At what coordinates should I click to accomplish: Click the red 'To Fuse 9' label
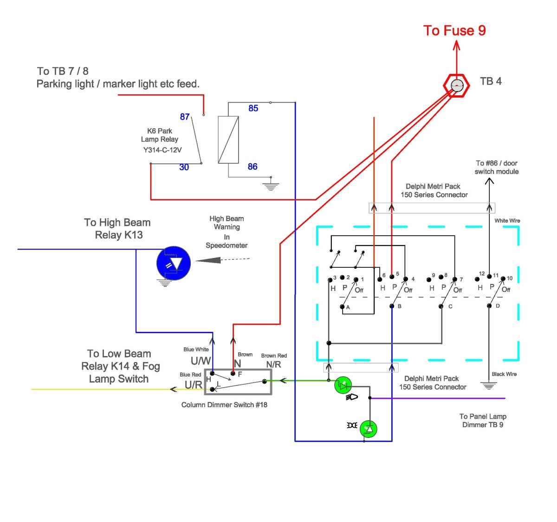pos(454,31)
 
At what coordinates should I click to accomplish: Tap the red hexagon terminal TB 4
pos(457,86)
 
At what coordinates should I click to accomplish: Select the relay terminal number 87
pos(185,117)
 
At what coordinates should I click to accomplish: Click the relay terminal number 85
pos(253,108)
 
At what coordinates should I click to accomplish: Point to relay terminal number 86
pos(253,166)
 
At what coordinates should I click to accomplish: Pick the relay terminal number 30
pos(184,167)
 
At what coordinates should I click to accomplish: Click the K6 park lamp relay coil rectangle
pos(228,139)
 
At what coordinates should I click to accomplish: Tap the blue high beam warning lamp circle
pos(174,263)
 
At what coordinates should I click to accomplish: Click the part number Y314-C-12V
pos(162,150)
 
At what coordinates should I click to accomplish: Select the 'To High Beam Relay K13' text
pos(118,229)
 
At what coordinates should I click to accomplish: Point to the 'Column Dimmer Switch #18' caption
pos(224,405)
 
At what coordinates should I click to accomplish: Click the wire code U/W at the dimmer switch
pos(201,361)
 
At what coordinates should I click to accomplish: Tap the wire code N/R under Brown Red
pos(273,364)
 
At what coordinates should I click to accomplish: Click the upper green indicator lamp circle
pos(343,385)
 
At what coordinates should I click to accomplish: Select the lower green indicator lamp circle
pos(369,429)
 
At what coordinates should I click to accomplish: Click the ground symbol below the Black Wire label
pos(489,386)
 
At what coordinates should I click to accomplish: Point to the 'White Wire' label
pos(507,221)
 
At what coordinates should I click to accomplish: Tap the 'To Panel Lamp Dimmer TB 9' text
pos(483,421)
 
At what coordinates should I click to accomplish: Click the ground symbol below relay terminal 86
pos(271,187)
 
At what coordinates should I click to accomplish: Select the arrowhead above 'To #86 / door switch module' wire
pos(489,181)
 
